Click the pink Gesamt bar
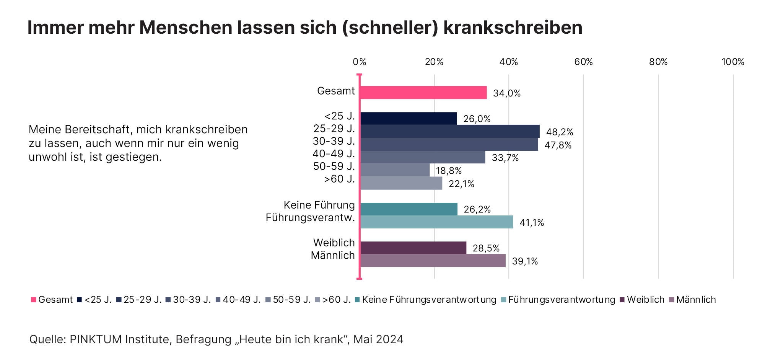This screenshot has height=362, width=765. (x=423, y=93)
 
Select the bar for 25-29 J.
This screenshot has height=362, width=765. (x=450, y=131)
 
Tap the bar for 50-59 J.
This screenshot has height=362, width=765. (x=395, y=170)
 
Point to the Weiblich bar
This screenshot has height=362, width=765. (x=413, y=248)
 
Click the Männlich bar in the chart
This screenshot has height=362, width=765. (x=433, y=261)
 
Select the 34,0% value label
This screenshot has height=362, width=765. (x=506, y=93)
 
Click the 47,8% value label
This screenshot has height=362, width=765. (x=558, y=145)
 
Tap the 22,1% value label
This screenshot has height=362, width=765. (x=461, y=184)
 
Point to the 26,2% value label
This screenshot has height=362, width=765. (x=477, y=209)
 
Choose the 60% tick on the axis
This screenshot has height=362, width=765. (x=583, y=62)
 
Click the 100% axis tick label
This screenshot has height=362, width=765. (x=732, y=62)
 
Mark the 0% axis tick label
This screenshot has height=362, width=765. (x=359, y=62)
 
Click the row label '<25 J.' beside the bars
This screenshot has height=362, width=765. (x=340, y=116)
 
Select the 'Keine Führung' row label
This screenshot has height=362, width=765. (x=319, y=205)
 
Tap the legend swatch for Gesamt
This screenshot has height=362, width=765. (x=34, y=300)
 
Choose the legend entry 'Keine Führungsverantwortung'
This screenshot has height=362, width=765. (x=429, y=300)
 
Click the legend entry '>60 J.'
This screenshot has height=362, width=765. (x=336, y=300)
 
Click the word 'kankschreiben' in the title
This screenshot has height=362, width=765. (x=513, y=28)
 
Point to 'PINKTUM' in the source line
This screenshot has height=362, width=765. (x=94, y=339)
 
